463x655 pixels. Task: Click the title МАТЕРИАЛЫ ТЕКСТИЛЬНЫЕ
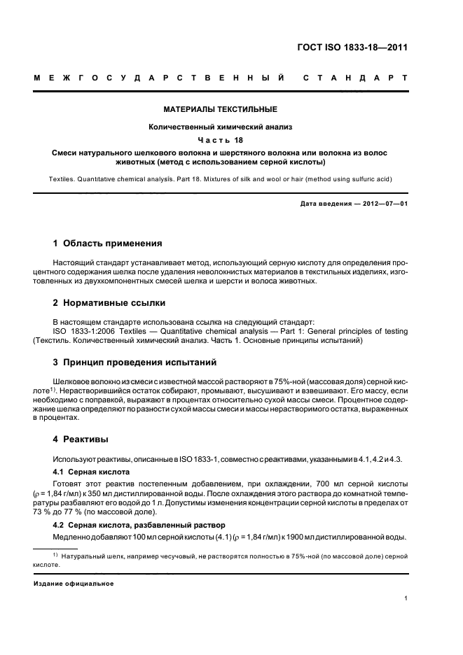(x=221, y=109)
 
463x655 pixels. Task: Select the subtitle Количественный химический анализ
(x=221, y=127)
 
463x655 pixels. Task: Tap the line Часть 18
(x=221, y=139)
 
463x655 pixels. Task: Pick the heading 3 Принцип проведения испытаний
(x=136, y=362)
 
